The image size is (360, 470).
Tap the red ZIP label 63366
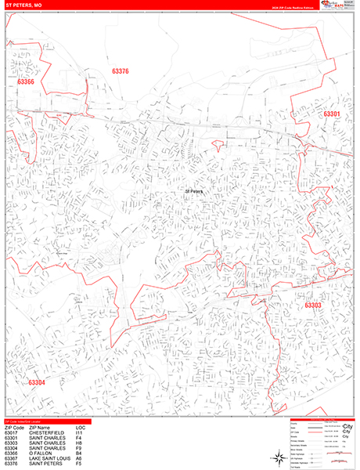tap(25, 81)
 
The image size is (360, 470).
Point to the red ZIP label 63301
tap(332, 114)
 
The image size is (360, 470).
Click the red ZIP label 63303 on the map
tap(313, 305)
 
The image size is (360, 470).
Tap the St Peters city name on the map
tap(193, 190)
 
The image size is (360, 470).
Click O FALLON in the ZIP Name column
tap(38, 452)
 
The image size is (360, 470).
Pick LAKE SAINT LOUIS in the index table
tap(49, 457)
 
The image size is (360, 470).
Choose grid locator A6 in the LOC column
tap(79, 457)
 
